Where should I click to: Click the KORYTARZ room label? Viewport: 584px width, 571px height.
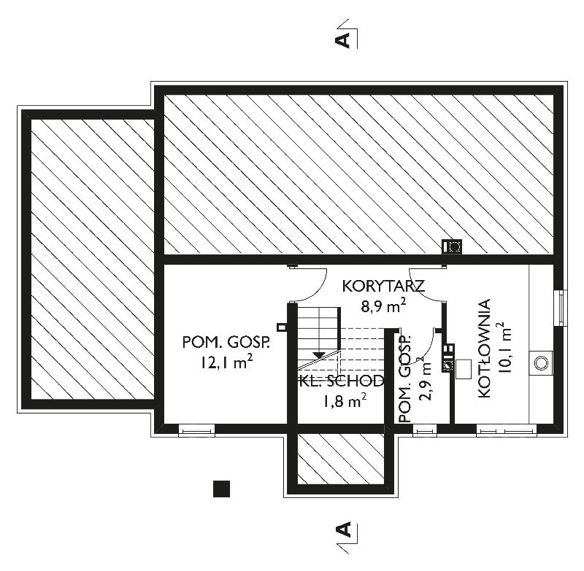(383, 287)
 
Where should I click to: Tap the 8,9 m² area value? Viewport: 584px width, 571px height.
(383, 306)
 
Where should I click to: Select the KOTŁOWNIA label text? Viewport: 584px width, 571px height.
(484, 348)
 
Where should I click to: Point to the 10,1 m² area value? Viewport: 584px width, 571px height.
(504, 347)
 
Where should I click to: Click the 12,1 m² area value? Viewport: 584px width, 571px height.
(227, 362)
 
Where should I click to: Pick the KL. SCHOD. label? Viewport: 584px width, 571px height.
(342, 381)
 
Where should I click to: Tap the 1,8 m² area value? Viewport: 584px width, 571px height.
(345, 400)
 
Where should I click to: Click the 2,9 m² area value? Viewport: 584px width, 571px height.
(425, 378)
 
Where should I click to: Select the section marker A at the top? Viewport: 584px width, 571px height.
(343, 39)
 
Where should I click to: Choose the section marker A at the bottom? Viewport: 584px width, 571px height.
(343, 529)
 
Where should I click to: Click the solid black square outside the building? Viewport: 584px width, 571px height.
(221, 489)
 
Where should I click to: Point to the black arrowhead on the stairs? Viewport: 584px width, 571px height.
(318, 355)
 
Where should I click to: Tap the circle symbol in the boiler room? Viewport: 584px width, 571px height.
(541, 362)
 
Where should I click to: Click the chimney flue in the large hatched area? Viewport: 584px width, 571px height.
(452, 246)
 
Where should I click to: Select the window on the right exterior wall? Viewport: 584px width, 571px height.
(561, 308)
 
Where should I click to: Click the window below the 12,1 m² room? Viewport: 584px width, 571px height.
(196, 431)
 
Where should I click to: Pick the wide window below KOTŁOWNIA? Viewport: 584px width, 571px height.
(506, 430)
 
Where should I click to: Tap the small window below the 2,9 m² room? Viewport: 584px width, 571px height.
(425, 430)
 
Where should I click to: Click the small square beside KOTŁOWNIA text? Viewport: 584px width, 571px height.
(464, 370)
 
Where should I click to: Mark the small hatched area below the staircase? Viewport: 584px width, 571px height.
(341, 459)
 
